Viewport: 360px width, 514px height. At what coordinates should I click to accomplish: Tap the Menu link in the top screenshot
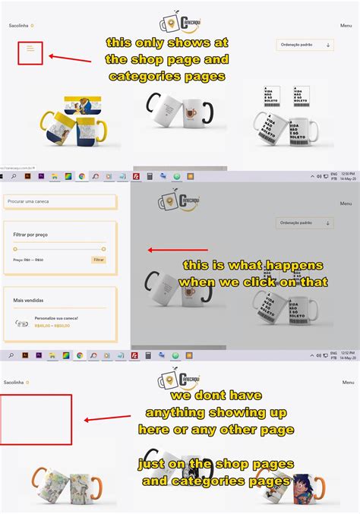click(346, 26)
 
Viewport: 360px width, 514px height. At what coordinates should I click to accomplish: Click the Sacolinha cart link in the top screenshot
click(21, 26)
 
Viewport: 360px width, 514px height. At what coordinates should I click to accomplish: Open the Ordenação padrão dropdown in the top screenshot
click(305, 46)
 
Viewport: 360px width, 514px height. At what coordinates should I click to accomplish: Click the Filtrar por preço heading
click(30, 235)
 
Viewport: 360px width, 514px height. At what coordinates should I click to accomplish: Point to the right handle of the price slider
click(103, 248)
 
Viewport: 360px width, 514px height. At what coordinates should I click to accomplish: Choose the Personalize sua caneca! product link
click(56, 318)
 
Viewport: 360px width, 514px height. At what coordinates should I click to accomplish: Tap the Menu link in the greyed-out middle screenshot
click(346, 203)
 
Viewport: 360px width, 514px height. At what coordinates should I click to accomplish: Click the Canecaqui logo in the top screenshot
click(180, 24)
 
